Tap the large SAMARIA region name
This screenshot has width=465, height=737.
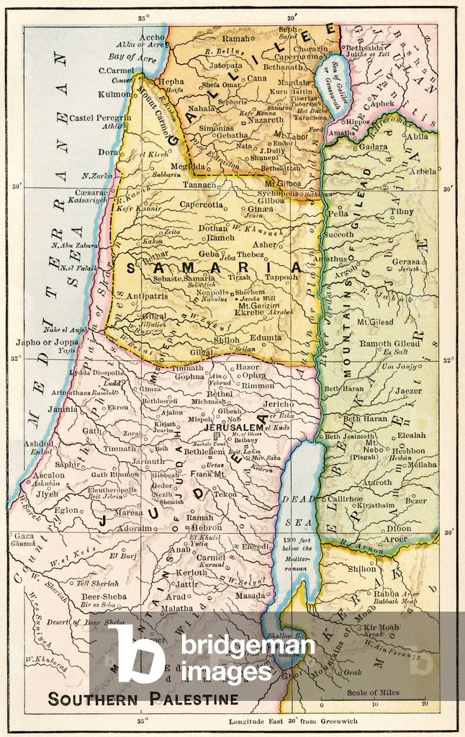pos(212,267)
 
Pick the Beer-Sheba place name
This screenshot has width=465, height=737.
pos(101,597)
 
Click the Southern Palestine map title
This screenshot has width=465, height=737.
pos(143,698)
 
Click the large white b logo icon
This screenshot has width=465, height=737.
pos(137,652)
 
